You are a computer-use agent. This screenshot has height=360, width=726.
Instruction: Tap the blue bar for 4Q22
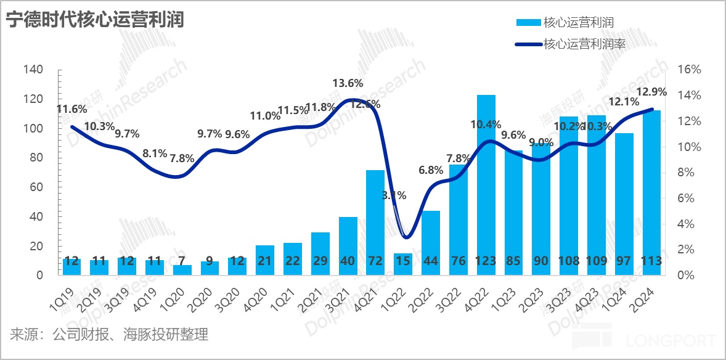[486, 185]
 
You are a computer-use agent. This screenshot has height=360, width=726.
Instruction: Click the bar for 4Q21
[375, 222]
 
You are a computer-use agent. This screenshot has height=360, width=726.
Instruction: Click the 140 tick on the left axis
[33, 70]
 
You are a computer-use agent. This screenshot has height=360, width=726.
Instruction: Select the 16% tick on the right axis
[689, 70]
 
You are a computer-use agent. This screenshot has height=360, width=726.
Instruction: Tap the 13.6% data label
[348, 83]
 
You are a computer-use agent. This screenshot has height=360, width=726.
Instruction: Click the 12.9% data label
[651, 92]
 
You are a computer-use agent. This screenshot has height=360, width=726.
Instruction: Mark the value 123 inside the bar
[486, 261]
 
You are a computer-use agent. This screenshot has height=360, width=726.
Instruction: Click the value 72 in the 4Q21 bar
[375, 261]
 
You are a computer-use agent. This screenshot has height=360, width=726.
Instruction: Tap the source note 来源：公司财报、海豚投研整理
[109, 335]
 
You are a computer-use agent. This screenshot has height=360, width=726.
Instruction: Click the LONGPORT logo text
[671, 341]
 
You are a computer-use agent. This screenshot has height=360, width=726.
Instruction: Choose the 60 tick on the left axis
[36, 187]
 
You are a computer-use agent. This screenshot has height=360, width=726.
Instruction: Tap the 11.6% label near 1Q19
[71, 110]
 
